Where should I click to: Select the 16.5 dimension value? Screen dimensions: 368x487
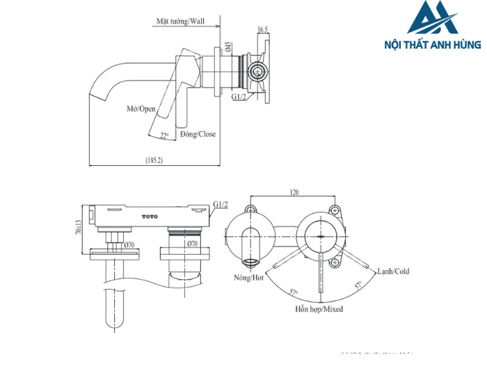[x=262, y=30]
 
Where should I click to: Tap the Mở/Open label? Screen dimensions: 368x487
[x=141, y=109]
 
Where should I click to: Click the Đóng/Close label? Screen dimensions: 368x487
[x=198, y=134]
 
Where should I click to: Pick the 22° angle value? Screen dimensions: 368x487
[x=164, y=135]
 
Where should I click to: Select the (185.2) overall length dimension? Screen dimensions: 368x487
[x=154, y=160]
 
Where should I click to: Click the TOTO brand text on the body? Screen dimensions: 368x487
[x=150, y=217]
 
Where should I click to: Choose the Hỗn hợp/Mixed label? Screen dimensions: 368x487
[x=319, y=309]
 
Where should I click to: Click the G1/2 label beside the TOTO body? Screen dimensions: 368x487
[x=221, y=204]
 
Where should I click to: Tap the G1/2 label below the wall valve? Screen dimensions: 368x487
[x=239, y=97]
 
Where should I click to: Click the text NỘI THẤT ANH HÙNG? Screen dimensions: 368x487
[x=432, y=44]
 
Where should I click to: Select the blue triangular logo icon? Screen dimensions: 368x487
[x=433, y=19]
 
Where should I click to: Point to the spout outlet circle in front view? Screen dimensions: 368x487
[x=250, y=262]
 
